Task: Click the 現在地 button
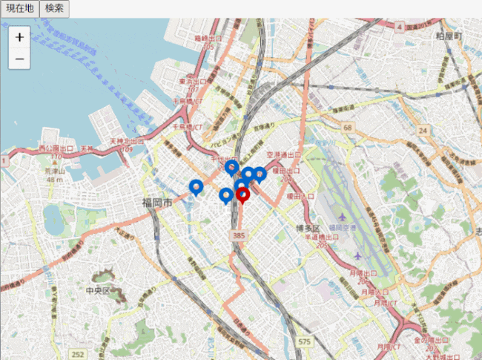(19, 9)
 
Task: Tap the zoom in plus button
(19, 37)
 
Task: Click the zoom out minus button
(19, 58)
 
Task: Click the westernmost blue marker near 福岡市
(196, 186)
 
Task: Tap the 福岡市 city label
(158, 203)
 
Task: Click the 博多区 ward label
(306, 227)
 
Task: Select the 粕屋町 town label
(449, 36)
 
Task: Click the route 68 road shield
(348, 128)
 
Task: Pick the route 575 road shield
(304, 341)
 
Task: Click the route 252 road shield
(79, 355)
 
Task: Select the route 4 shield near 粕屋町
(400, 27)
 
